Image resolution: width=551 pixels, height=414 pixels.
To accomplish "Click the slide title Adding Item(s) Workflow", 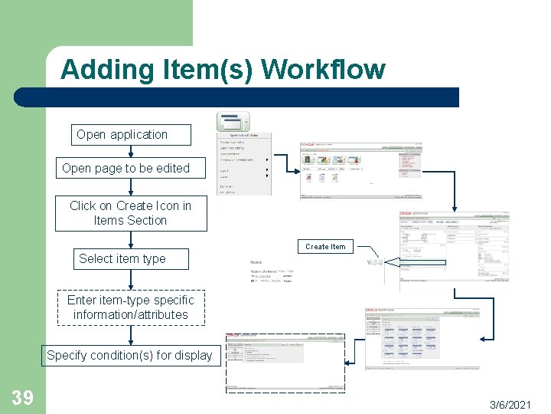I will coord(223,70).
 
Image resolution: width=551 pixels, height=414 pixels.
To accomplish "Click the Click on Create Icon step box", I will coord(130,213).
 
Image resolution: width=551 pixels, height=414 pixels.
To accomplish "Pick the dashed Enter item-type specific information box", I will coord(130,307).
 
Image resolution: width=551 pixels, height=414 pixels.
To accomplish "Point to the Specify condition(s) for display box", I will coord(129,355).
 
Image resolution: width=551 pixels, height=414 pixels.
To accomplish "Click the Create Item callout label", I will coord(325,247).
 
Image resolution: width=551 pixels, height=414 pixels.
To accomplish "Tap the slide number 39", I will coord(22,397).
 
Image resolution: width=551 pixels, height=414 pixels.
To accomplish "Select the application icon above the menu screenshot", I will coord(233,122).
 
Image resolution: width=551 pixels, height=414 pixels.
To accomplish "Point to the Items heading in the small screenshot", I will coord(256,261).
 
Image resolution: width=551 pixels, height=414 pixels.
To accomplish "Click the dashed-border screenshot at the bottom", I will coord(285,363).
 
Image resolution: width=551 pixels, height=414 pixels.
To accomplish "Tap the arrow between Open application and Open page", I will coord(130,151).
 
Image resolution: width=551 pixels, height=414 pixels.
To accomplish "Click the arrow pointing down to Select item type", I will coord(130,238).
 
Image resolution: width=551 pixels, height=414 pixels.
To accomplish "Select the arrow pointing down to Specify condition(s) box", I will coord(130,334).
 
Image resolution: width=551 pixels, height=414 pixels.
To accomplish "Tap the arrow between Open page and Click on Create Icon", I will coord(130,188).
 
